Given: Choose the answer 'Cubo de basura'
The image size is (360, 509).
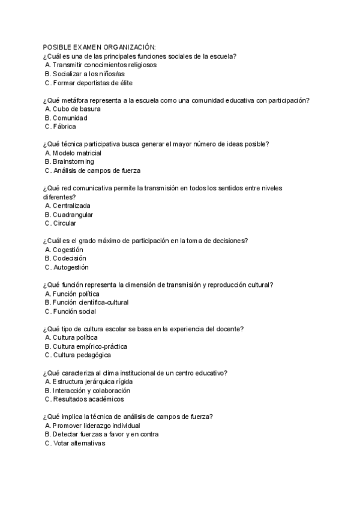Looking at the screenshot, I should tap(76, 109).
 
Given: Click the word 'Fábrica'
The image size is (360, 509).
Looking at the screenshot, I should tap(64, 127).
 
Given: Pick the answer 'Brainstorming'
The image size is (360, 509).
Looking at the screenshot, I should tap(73, 161).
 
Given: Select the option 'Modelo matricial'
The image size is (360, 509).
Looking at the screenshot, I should tap(77, 153).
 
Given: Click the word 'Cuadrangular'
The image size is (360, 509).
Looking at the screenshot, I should tap(73, 214).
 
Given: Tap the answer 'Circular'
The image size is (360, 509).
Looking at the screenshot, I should tap(64, 223).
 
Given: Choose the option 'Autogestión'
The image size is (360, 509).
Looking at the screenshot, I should tap(70, 267).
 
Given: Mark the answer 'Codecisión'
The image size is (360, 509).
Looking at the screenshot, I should tap(69, 258).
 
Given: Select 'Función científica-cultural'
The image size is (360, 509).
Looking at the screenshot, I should tap(90, 303).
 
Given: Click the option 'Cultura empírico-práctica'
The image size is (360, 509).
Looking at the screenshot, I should tap(89, 346).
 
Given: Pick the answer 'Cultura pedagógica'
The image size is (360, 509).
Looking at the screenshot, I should tap(82, 355).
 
